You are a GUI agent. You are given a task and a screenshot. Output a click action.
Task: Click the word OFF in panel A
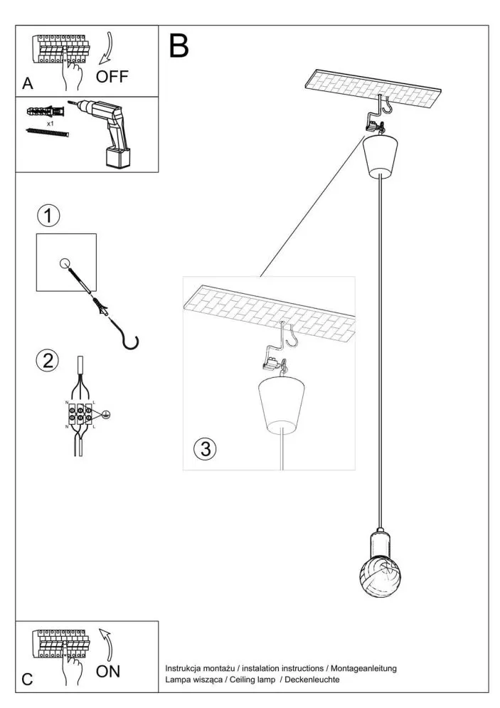click(112, 77)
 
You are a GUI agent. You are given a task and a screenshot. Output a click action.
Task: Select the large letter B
click(179, 46)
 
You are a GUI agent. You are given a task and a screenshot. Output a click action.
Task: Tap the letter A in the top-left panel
click(28, 84)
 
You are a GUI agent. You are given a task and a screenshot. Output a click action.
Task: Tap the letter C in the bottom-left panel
click(27, 679)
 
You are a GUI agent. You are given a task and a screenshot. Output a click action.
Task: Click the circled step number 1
click(48, 216)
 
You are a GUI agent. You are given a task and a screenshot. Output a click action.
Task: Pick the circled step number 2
click(48, 361)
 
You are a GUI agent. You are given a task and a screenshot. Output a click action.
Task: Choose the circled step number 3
click(205, 448)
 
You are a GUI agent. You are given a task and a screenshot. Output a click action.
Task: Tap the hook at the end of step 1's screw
click(130, 342)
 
